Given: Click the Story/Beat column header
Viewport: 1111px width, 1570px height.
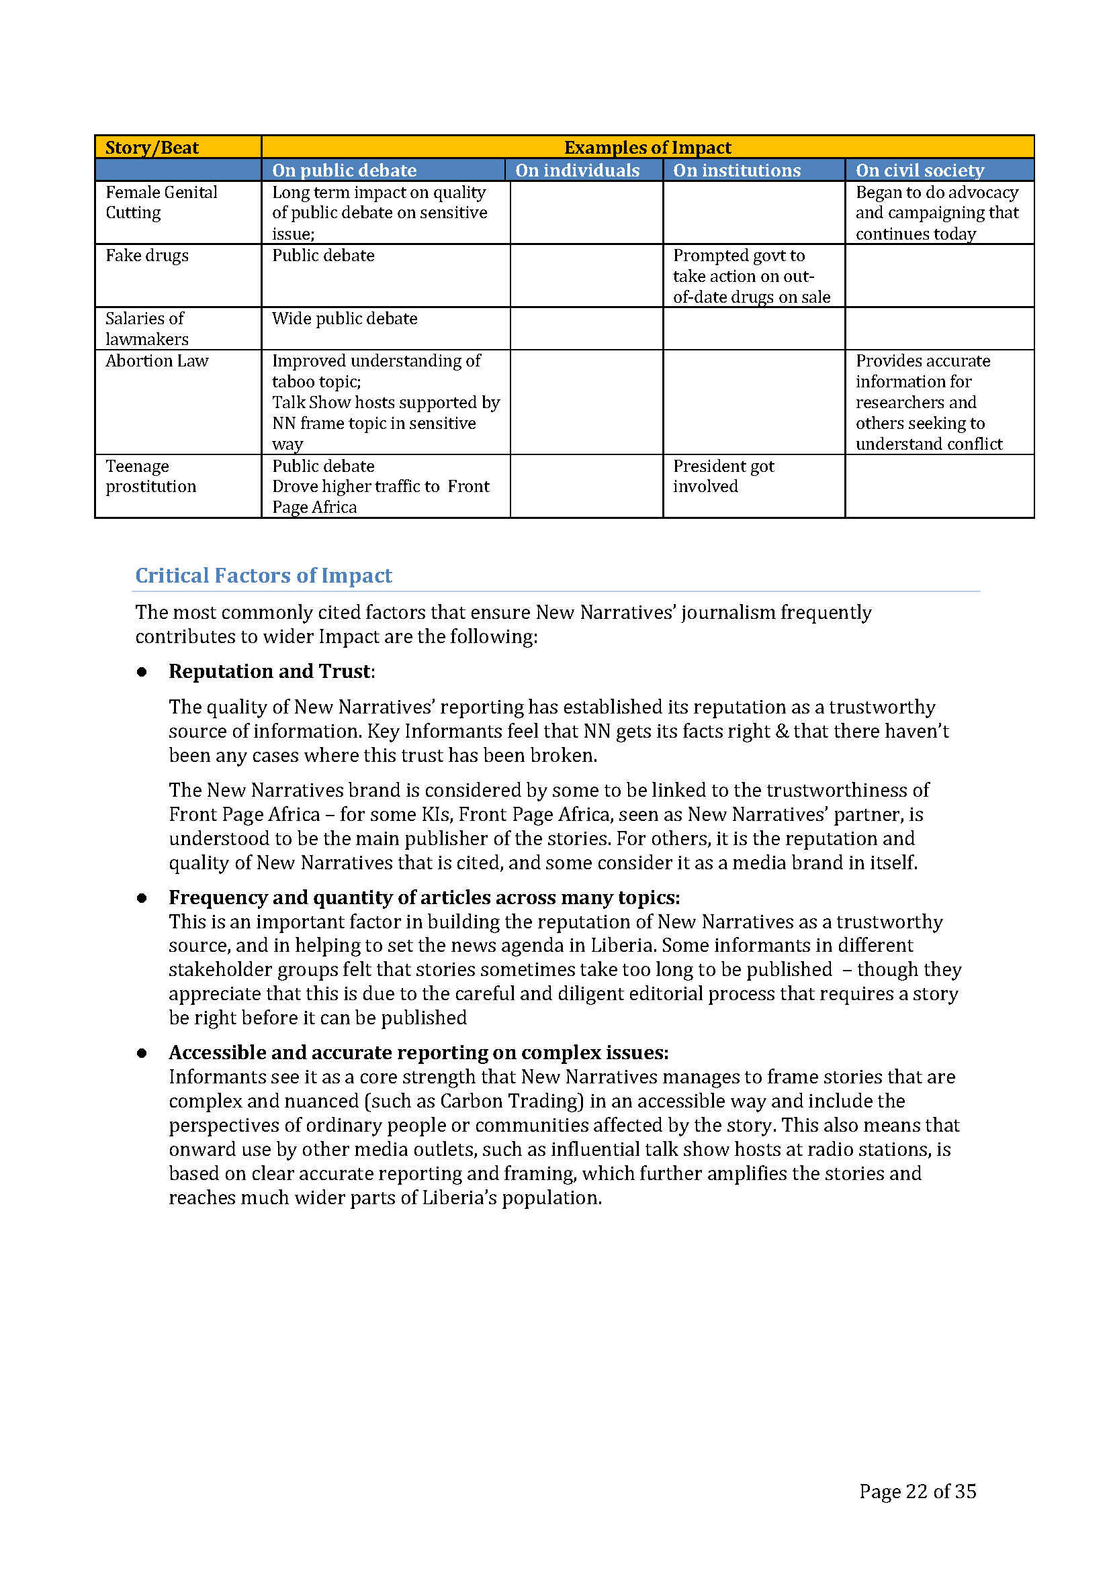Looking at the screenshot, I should tap(152, 148).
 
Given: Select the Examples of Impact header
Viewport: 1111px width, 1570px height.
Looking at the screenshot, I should tap(647, 148).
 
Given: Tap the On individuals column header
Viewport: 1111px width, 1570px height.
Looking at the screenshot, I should tap(578, 170).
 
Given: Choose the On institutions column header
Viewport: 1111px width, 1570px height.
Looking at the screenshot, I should tap(737, 170).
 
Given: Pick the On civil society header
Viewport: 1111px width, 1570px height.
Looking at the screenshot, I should tap(920, 170).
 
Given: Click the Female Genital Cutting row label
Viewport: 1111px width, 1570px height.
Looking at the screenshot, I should tap(161, 203).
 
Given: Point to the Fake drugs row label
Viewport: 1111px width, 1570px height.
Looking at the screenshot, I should tap(147, 256).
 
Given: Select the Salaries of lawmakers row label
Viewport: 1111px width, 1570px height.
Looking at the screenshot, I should tap(146, 329).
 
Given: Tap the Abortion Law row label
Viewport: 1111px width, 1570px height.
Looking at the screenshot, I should tap(157, 361).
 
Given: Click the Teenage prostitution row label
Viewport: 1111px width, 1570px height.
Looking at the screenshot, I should tap(150, 477).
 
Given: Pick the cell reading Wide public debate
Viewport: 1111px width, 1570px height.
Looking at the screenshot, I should tap(345, 319).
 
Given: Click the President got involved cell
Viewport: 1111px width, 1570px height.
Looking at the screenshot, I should tap(723, 477).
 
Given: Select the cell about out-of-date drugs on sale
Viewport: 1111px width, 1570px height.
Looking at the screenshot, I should tap(751, 277).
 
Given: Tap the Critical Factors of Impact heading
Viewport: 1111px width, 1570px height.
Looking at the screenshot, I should tap(263, 576).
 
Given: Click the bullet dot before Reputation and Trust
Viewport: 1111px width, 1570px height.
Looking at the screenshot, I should tap(142, 672).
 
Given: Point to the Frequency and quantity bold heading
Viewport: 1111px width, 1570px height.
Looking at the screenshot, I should tap(424, 897).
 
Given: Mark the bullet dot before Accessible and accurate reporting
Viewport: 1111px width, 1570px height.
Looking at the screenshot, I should tap(142, 1053).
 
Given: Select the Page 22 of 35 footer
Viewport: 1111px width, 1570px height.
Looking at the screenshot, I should tap(918, 1491).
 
